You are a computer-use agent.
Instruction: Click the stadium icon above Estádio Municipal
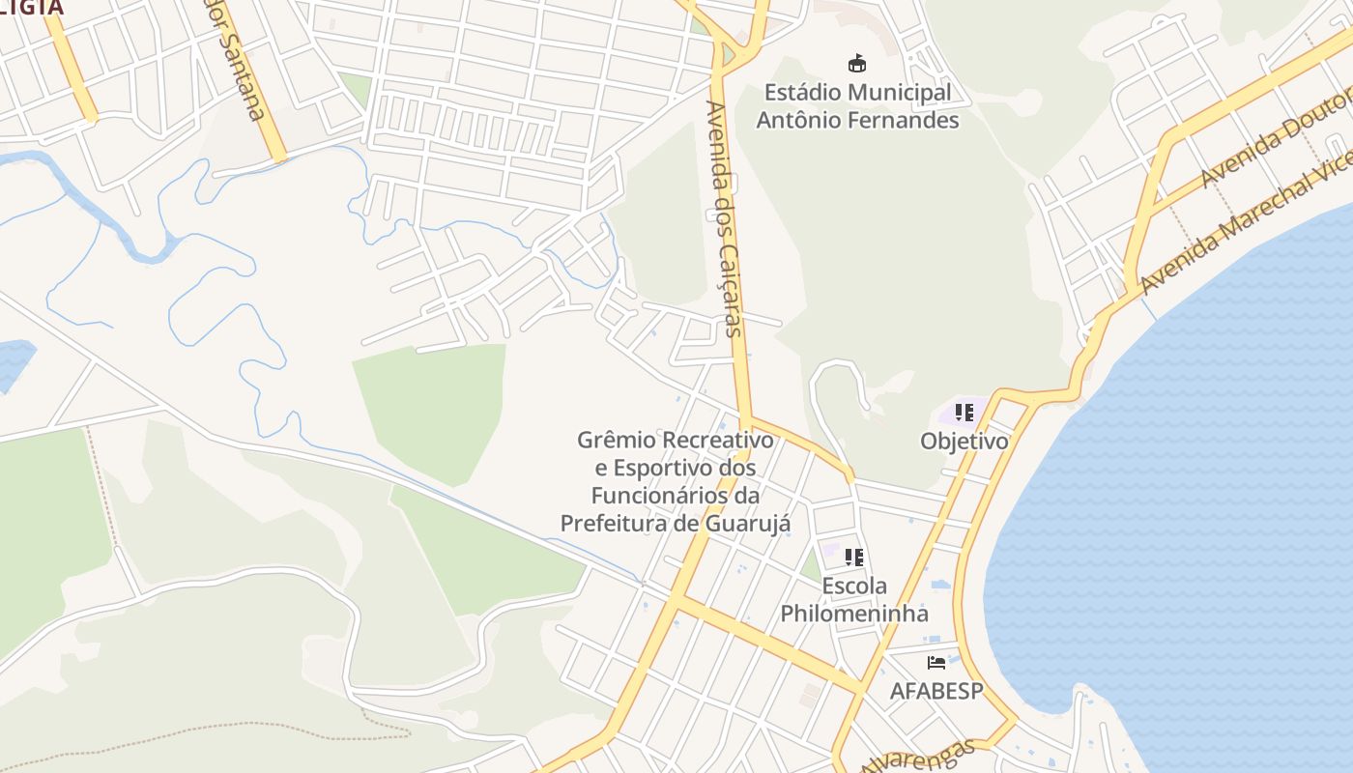click(x=856, y=64)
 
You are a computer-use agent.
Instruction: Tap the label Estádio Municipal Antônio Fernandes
click(x=857, y=106)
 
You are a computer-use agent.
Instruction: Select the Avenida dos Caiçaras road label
click(x=725, y=218)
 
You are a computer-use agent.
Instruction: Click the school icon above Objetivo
click(x=964, y=413)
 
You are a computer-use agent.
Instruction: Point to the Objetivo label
click(x=964, y=442)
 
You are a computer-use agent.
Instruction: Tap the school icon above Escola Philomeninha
click(x=853, y=558)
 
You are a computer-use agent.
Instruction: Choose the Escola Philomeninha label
click(x=854, y=600)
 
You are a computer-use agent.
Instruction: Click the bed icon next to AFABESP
click(x=936, y=663)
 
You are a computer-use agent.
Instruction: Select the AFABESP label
click(x=936, y=692)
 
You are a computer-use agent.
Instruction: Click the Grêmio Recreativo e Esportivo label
click(x=676, y=481)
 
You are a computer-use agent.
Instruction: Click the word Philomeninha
click(x=854, y=614)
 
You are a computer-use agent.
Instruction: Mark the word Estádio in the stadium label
click(x=802, y=93)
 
